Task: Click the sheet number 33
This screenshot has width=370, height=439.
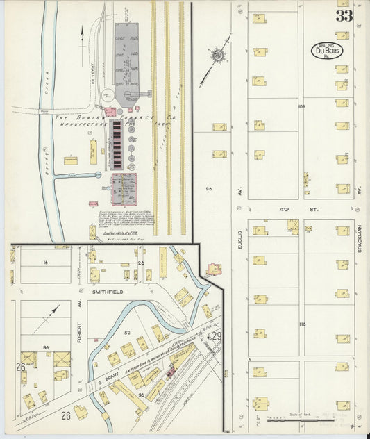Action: click(344, 16)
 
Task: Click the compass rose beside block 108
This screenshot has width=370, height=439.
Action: click(218, 55)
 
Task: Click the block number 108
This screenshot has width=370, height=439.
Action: click(301, 107)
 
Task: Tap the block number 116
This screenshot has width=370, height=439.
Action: click(301, 324)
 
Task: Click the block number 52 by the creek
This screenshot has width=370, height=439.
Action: click(127, 333)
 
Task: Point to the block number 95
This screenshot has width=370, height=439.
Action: click(209, 188)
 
